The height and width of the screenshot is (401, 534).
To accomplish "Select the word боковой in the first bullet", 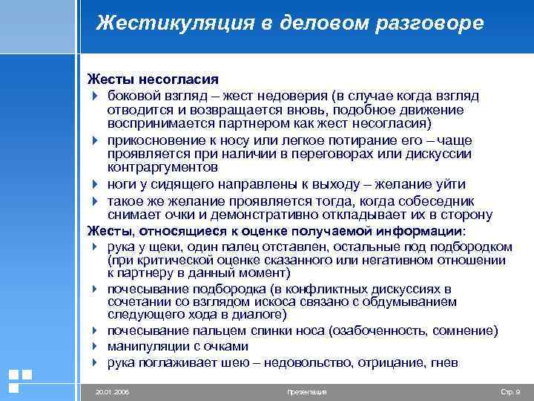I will (x=131, y=97).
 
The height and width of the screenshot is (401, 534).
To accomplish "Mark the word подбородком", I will (x=472, y=246).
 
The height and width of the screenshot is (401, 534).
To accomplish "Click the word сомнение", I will (x=466, y=330).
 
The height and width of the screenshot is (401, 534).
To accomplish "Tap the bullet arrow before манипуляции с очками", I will (x=96, y=347).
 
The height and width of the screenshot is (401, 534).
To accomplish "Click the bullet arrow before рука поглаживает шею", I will (x=96, y=362).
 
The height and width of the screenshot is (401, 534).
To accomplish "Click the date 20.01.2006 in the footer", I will (x=112, y=391).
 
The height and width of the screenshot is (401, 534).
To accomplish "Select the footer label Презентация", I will (x=306, y=391).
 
